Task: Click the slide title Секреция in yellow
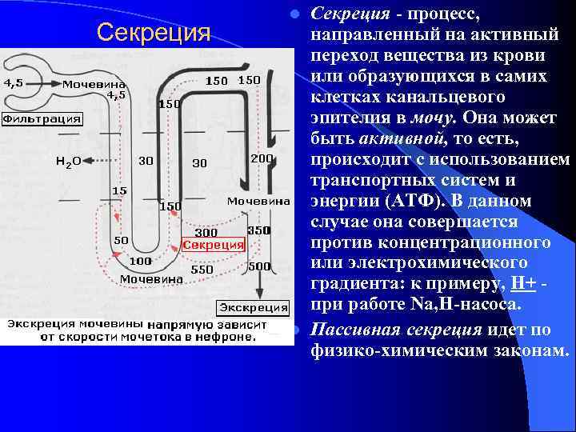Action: tap(153, 33)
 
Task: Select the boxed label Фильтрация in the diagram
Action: tap(42, 119)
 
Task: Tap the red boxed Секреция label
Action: tap(214, 245)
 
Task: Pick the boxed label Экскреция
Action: tap(254, 307)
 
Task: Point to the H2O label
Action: tap(68, 162)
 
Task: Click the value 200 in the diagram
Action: tap(262, 158)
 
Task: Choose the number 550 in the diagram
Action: tap(202, 270)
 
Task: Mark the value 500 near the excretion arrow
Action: tap(259, 266)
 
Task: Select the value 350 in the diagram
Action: tap(259, 230)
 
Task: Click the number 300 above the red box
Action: tap(207, 233)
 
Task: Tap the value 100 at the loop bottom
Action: tap(141, 262)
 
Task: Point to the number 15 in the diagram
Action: tap(118, 191)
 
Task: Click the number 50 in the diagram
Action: tap(122, 240)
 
